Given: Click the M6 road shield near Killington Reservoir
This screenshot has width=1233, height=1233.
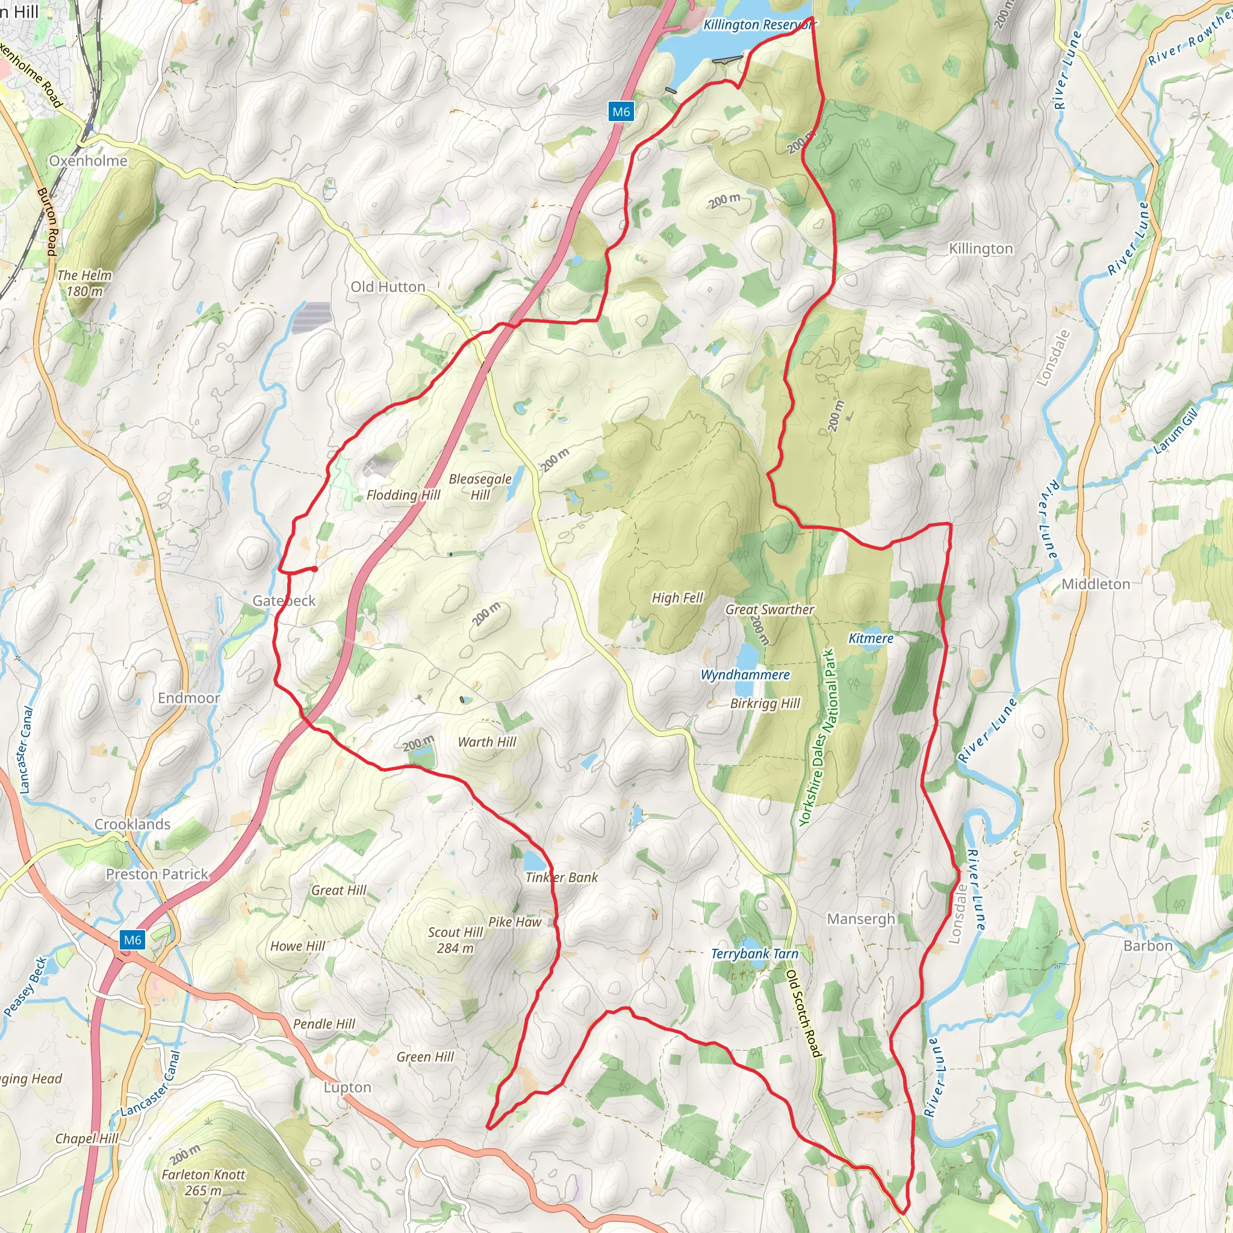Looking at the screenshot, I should point(620,112).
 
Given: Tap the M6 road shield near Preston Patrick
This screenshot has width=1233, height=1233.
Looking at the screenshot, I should point(132,939).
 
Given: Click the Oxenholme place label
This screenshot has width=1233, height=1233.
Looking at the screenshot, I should point(89,161).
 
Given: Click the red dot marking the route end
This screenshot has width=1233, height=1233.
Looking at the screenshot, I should point(315,568).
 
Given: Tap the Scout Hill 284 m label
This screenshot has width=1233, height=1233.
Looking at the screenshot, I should point(455,940).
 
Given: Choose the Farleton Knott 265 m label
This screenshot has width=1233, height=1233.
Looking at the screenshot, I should point(203,1182).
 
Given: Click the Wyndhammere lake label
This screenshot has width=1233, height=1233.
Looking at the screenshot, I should point(745,674).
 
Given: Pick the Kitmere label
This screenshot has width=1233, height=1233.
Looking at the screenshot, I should point(871,638).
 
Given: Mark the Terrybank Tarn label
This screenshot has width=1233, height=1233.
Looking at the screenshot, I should point(754,954).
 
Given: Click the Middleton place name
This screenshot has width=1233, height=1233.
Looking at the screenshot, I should point(1095,584).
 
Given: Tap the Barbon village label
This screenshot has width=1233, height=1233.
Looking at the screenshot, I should point(1148,946).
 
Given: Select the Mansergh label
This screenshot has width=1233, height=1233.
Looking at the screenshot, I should point(861,919).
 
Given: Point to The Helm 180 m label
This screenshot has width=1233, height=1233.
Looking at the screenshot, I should point(84,283).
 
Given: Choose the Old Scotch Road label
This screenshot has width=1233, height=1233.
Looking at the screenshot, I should point(803,1017).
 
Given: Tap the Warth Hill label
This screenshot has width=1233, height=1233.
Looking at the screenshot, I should point(487,742).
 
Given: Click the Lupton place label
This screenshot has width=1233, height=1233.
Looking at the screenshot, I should point(347,1087).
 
